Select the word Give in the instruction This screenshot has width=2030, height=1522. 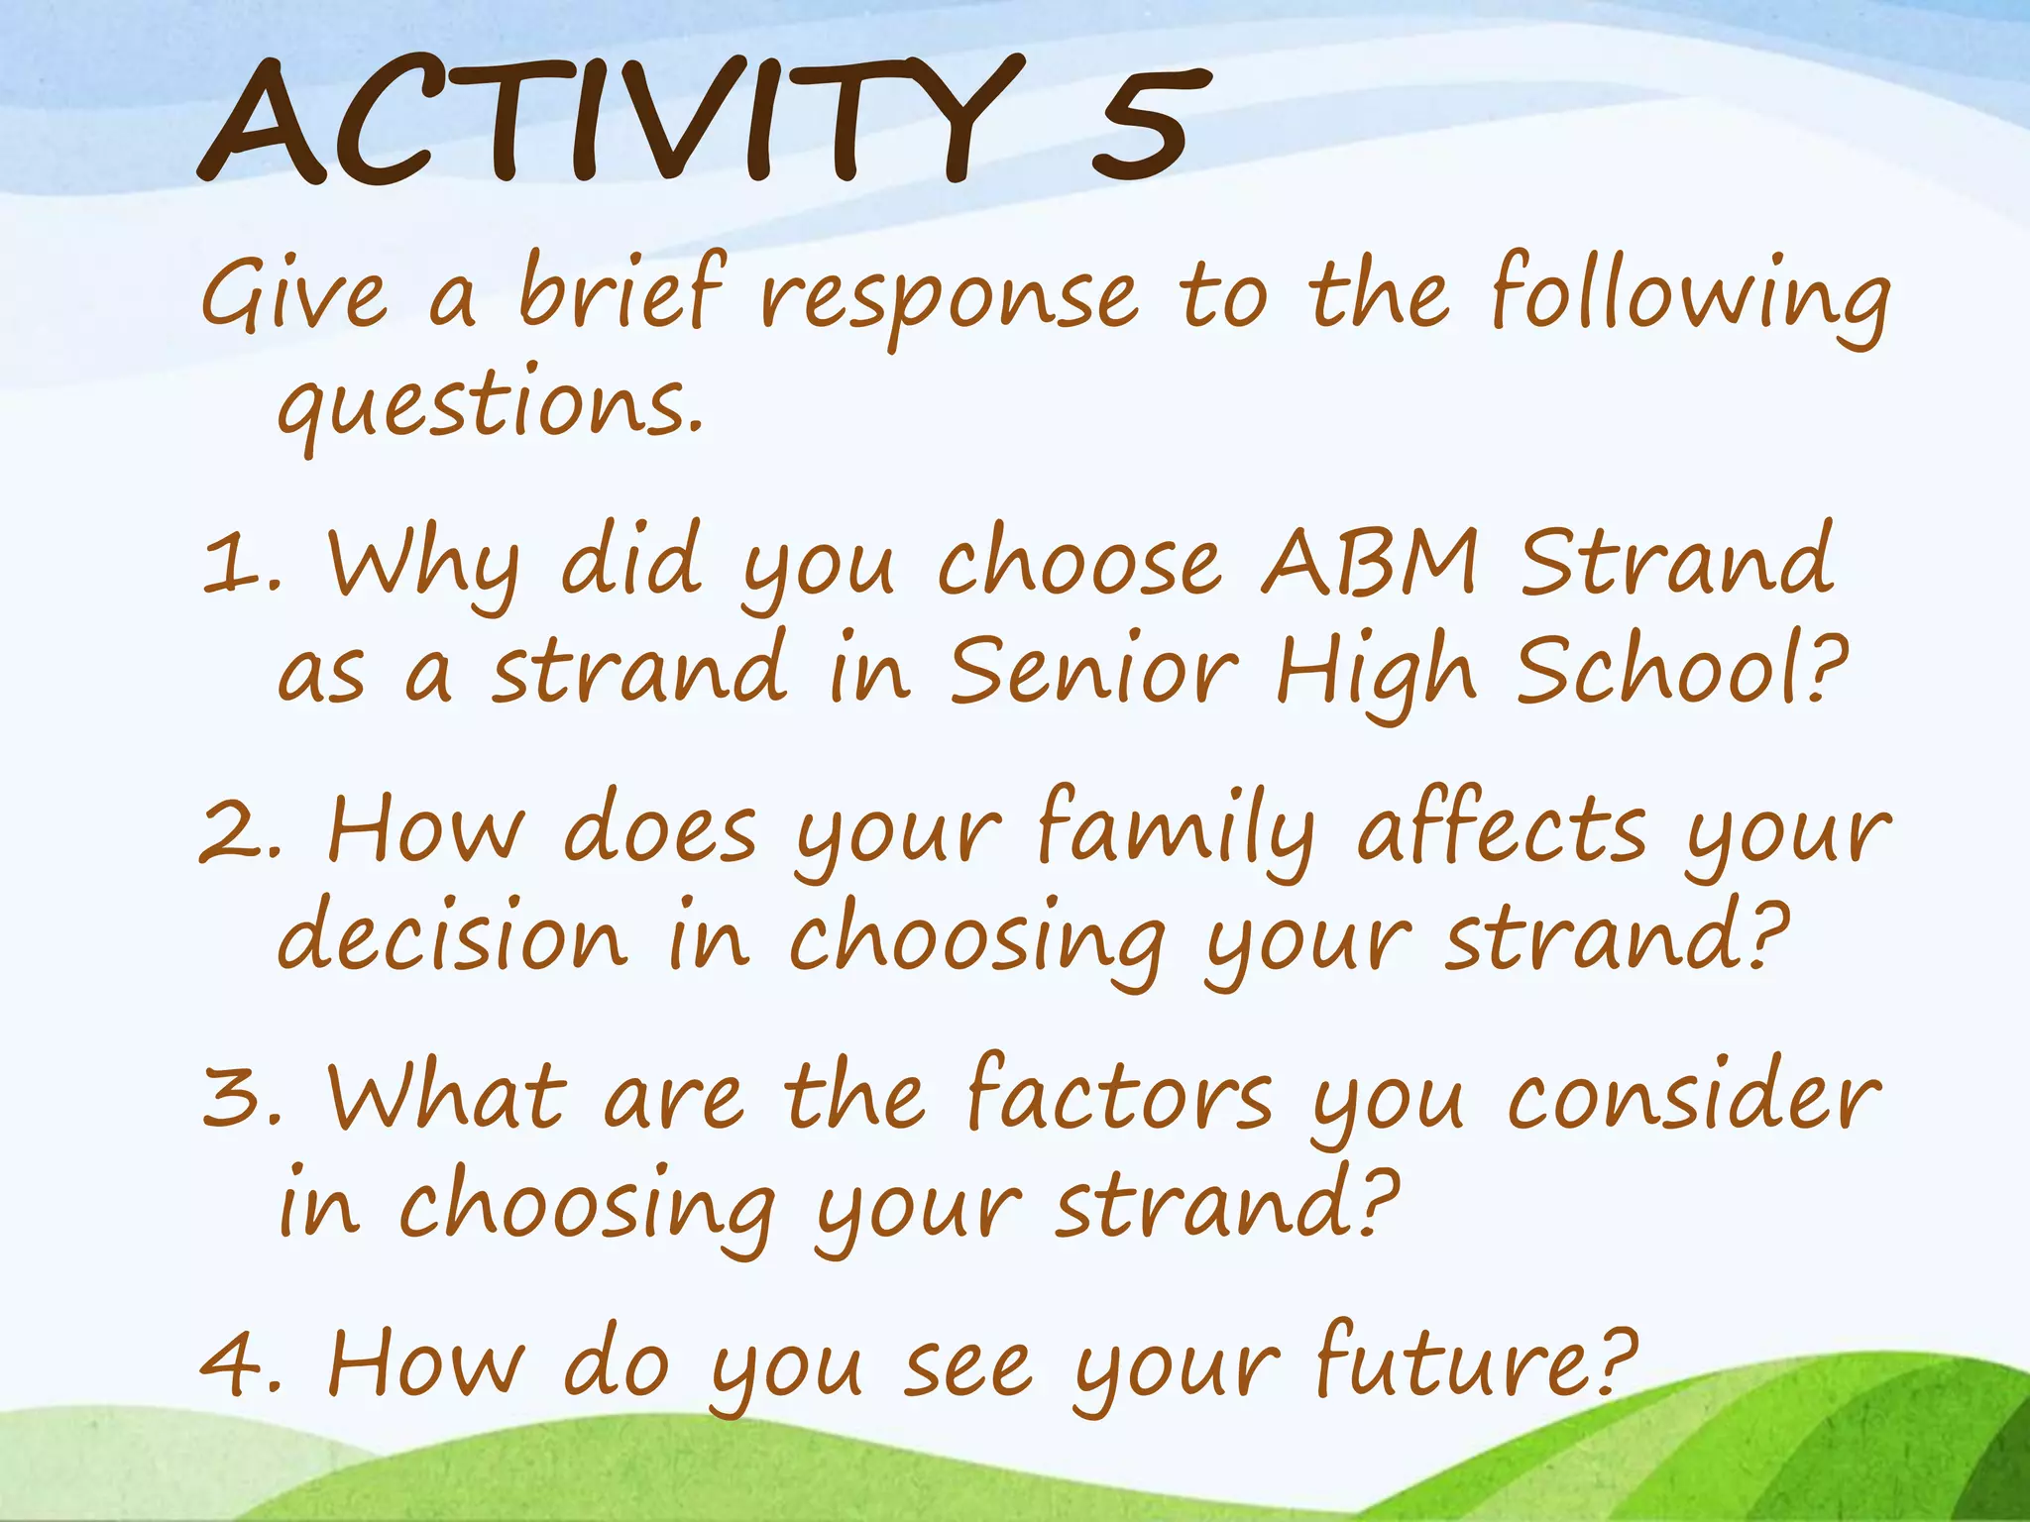[293, 295]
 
